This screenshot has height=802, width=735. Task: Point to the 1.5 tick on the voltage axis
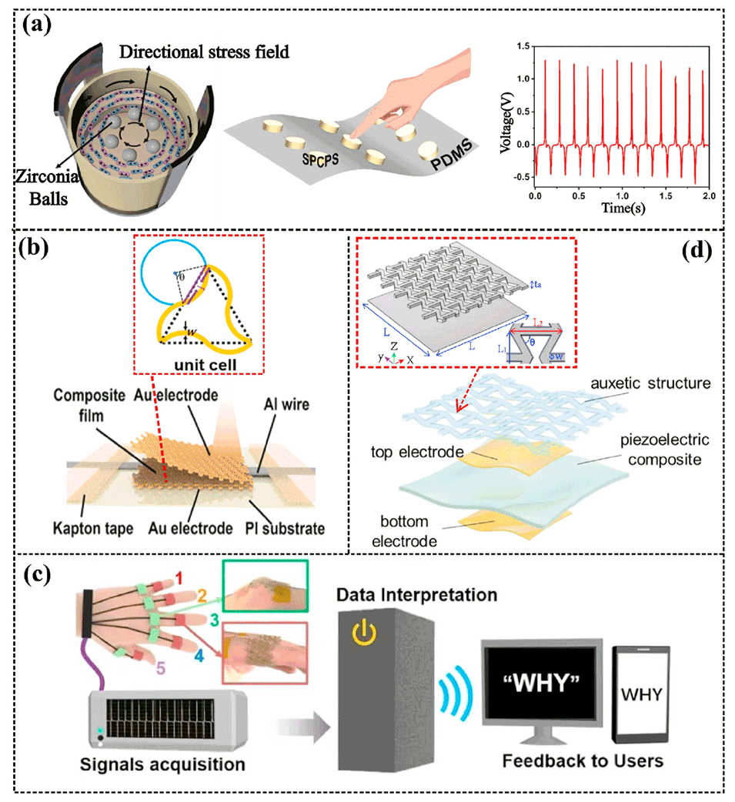click(523, 47)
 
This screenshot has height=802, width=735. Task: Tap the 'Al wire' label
click(291, 402)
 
